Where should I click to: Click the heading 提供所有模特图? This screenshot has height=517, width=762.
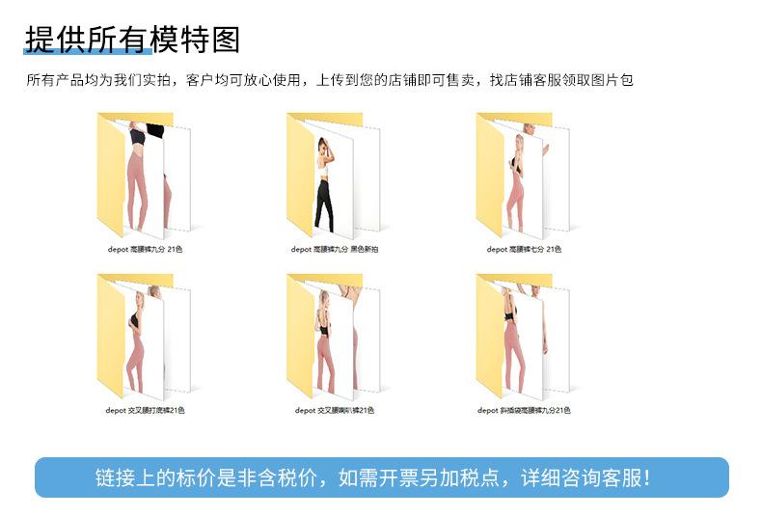tap(132, 39)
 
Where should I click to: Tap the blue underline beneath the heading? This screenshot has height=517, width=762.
tap(87, 52)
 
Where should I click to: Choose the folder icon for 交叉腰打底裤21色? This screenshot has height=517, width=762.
tap(145, 336)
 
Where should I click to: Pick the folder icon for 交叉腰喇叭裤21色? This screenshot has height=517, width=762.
tap(334, 336)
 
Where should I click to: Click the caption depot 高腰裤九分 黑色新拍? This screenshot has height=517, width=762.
tap(335, 249)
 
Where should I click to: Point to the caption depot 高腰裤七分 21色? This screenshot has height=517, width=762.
tap(524, 249)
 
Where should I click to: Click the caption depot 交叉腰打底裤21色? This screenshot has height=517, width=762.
tap(145, 410)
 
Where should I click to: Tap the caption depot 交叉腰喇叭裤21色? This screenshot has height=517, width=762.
tap(334, 410)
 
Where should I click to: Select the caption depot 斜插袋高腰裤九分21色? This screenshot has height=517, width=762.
tap(524, 410)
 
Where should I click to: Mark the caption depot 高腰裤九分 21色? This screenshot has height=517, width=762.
tap(145, 249)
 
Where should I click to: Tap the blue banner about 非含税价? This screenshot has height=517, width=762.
tap(381, 477)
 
